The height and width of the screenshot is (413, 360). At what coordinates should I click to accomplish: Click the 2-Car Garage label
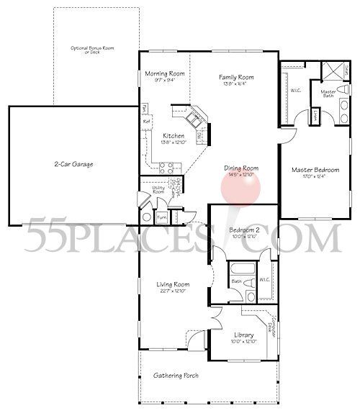coord(73,165)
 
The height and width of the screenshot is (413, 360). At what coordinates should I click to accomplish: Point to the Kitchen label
coord(174,137)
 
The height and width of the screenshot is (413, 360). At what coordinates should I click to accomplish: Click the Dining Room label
coord(240,168)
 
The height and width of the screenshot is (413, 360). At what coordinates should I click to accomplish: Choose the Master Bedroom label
coord(315,170)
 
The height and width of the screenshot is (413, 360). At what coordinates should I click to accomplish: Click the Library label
coord(243,335)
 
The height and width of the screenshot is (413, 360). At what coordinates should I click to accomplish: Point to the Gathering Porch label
coord(176,376)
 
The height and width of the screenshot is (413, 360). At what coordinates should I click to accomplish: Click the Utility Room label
coord(158,190)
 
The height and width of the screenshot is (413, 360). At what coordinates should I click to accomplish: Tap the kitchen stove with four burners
coord(166,168)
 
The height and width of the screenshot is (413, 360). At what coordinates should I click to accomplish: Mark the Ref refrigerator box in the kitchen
coord(146,122)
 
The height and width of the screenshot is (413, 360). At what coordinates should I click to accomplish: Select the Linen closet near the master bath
coord(315,115)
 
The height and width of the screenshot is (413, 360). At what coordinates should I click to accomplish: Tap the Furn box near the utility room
coord(162,216)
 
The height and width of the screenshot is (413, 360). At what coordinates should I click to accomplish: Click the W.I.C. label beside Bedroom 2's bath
coord(263,279)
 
